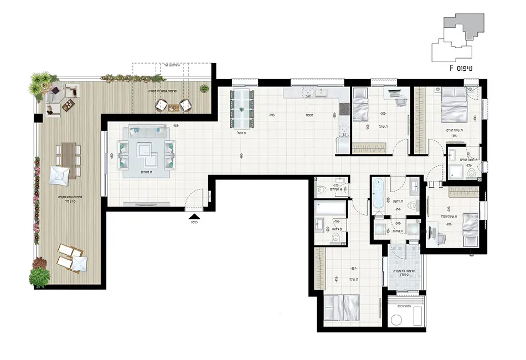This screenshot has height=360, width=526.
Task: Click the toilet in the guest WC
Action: coord(321,189)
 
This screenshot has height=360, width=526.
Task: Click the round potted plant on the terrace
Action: coord(204,88)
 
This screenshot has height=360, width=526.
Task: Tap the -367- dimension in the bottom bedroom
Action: coord(353,269)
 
